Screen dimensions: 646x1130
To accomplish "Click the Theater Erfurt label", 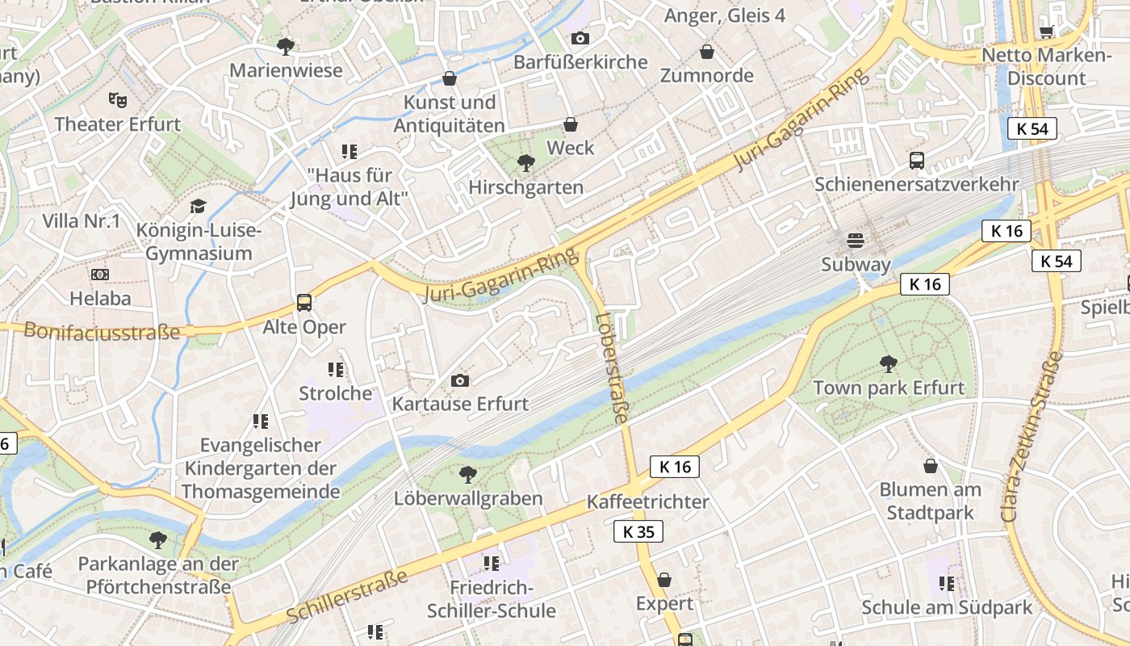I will coord(118,124).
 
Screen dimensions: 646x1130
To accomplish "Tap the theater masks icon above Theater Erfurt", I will coord(118,100).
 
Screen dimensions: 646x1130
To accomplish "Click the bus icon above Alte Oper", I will coord(304,303).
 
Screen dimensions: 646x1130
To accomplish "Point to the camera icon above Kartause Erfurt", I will coord(460,380).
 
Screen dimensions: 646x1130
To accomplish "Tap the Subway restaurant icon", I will coord(856,241).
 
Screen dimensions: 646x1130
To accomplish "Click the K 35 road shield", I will coord(638,531).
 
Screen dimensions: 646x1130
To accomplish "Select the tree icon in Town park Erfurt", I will coord(889,364).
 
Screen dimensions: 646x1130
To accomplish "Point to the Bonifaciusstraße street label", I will coord(102,331).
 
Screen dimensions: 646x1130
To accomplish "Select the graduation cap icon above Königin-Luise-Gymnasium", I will coord(199,207).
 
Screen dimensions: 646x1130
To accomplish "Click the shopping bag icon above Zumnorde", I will coord(707,52).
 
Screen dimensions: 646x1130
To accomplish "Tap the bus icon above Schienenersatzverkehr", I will coord(917,160).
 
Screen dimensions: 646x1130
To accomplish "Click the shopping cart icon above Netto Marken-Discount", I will coord(1047,31).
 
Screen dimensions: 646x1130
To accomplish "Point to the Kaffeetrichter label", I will coord(648,501).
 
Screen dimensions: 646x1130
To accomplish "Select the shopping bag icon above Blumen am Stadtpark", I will coord(931,466).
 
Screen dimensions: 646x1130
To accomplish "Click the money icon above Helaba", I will coord(100,275).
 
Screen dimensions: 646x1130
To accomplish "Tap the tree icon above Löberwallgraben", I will coord(467,475).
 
